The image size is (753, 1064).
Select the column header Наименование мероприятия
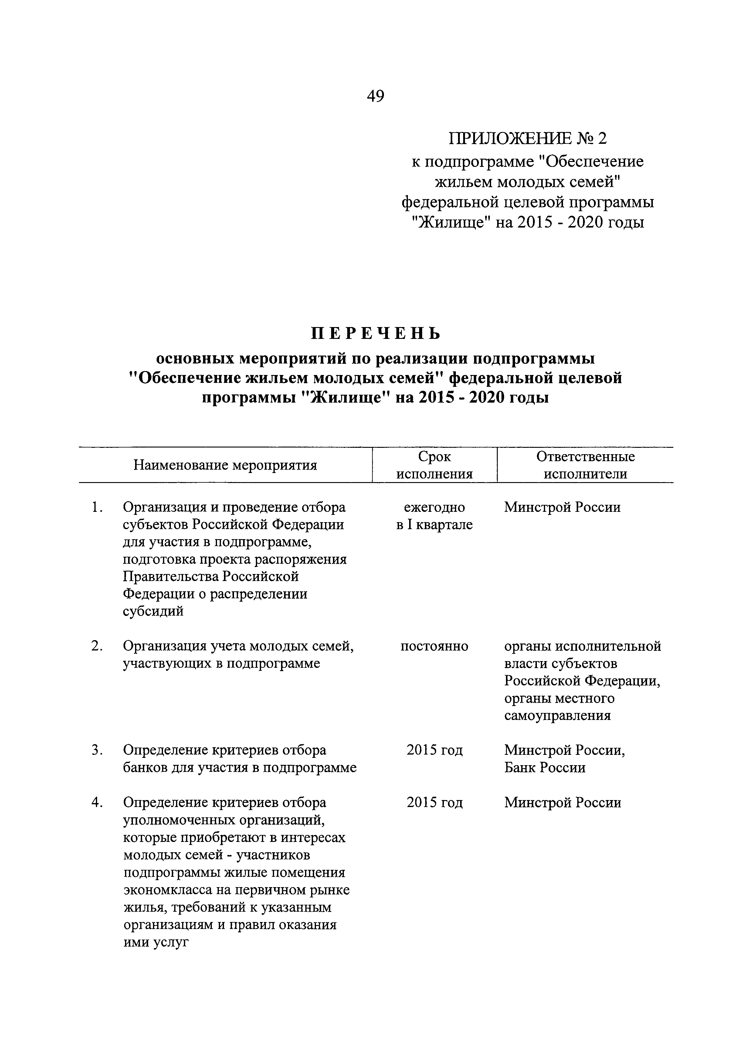tap(225, 465)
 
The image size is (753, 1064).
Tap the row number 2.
tap(97, 646)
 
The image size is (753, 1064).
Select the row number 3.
tap(97, 750)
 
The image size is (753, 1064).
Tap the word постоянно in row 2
tap(434, 646)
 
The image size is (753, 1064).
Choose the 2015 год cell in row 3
tap(434, 750)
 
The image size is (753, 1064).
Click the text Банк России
tap(545, 767)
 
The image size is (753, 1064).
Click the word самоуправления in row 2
tap(557, 715)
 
